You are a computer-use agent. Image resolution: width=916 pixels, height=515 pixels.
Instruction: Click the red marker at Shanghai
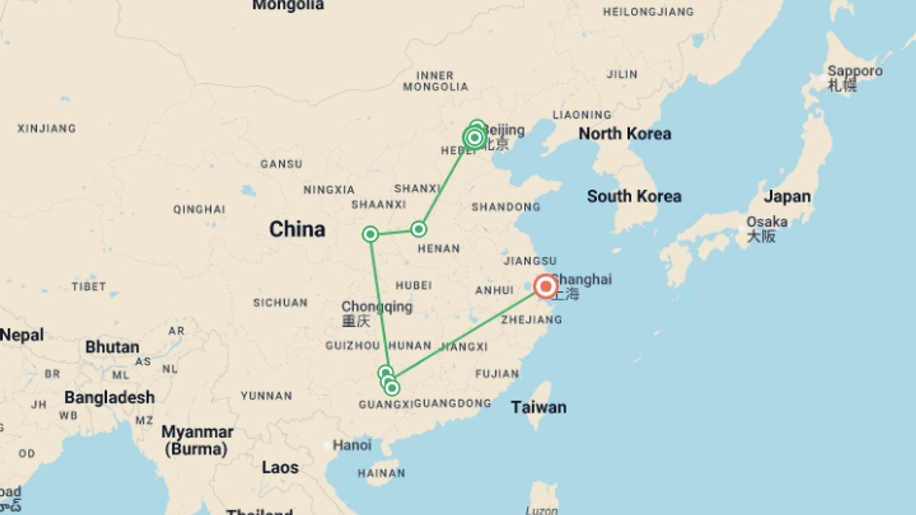pyautogui.click(x=545, y=287)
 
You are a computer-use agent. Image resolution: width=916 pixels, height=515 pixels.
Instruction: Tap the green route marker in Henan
pyautogui.click(x=418, y=229)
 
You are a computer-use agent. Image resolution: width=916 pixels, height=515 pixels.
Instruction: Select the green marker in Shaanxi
pyautogui.click(x=370, y=234)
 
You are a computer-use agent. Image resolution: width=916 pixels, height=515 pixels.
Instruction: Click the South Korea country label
pyautogui.click(x=634, y=196)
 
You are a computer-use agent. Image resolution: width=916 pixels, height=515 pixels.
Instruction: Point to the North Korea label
pyautogui.click(x=625, y=134)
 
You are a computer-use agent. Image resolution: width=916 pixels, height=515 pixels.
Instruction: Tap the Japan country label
pyautogui.click(x=787, y=196)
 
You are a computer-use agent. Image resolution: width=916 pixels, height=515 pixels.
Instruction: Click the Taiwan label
pyautogui.click(x=539, y=407)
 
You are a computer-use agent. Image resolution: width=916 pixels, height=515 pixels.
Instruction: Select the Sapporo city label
pyautogui.click(x=854, y=72)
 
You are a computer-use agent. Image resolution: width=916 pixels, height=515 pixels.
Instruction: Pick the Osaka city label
pyautogui.click(x=767, y=222)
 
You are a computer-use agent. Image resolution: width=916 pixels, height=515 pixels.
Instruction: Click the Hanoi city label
pyautogui.click(x=352, y=445)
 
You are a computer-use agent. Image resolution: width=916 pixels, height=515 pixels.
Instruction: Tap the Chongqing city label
pyautogui.click(x=376, y=307)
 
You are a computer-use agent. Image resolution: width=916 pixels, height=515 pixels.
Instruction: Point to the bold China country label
pyautogui.click(x=297, y=229)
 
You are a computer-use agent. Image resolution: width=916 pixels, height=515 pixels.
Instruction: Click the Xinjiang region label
pyautogui.click(x=47, y=128)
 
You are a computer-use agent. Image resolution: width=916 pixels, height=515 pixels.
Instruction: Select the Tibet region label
pyautogui.click(x=89, y=287)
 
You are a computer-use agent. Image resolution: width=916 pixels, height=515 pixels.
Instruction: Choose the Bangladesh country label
pyautogui.click(x=109, y=397)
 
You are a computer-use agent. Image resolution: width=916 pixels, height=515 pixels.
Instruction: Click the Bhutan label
pyautogui.click(x=112, y=347)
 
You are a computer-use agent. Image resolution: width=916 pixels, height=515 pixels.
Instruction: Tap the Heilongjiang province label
pyautogui.click(x=648, y=12)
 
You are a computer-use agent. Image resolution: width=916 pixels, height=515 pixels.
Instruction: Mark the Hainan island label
pyautogui.click(x=381, y=473)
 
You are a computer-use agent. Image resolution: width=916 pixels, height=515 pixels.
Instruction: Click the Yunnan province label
pyautogui.click(x=266, y=396)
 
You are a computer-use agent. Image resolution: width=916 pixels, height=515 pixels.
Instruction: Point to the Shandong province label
pyautogui.click(x=506, y=207)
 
